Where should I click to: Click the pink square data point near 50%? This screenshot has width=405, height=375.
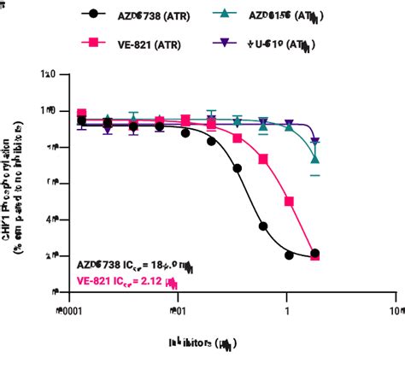click(290, 202)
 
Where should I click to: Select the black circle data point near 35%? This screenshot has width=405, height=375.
click(264, 227)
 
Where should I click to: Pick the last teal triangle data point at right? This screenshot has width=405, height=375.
click(315, 159)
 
